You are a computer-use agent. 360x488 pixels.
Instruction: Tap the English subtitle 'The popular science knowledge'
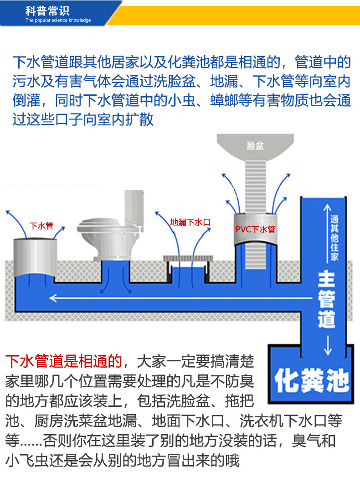tap(58, 21)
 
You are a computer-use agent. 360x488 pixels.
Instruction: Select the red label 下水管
tap(41, 226)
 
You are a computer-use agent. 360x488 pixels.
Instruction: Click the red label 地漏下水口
tap(190, 223)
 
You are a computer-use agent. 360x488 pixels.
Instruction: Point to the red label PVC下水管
tap(255, 229)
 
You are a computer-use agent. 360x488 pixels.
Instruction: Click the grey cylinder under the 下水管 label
tap(35, 258)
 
